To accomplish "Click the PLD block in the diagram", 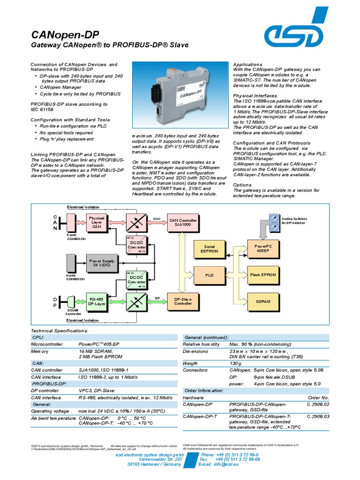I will (209, 275).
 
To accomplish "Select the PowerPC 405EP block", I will (262, 248).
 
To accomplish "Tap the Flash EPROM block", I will (262, 275).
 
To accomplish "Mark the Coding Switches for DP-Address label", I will (294, 221).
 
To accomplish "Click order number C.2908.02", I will (318, 404).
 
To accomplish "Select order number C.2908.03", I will (318, 416).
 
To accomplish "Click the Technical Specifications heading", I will (59, 331).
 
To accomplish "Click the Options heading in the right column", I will (243, 185).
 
